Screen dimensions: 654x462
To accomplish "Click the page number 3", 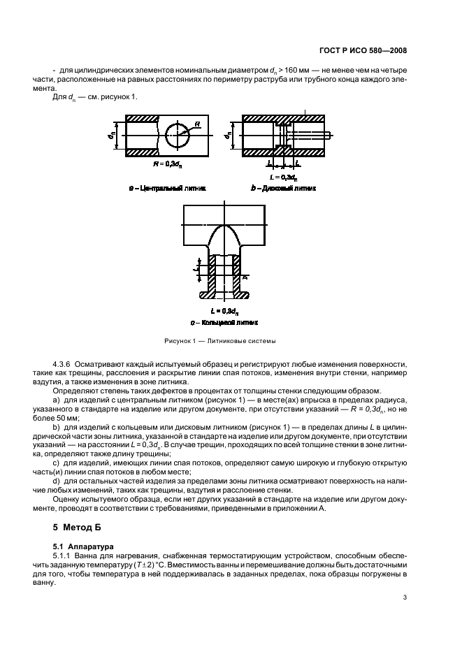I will pos(405,597).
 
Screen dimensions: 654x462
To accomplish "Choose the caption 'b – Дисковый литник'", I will pos(283,188).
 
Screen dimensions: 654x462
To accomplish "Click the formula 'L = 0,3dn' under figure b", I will pos(284,176).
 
